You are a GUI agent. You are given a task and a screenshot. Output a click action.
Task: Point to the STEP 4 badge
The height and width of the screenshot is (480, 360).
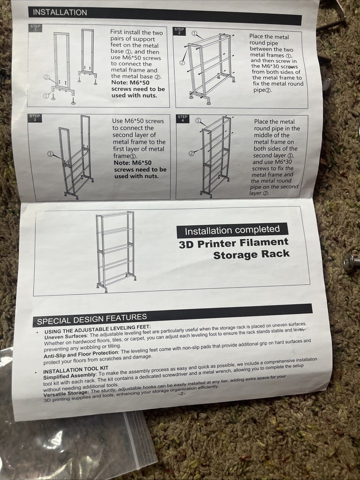point(183,118)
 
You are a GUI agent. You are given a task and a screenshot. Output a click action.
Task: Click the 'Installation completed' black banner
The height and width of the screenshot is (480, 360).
point(232,230)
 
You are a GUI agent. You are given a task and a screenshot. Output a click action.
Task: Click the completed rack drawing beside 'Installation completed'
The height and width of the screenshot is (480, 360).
point(115,252)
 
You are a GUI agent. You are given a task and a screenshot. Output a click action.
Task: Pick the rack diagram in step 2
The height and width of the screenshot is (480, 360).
point(209,66)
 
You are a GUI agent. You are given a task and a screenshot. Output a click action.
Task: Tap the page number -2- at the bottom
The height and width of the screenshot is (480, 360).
point(181,394)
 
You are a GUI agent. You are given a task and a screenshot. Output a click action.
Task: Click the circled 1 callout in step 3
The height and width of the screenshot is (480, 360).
point(50,154)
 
